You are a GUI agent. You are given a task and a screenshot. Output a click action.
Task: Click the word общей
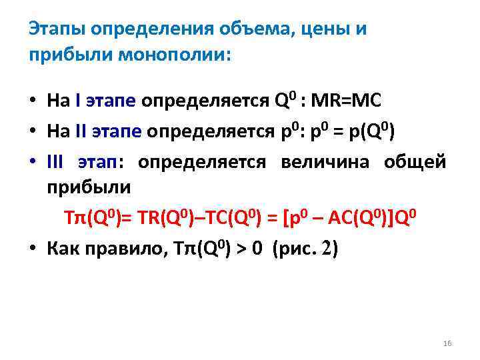415,162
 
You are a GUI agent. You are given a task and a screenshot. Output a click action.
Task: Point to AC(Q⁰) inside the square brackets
363,219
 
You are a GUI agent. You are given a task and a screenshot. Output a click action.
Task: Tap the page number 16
447,343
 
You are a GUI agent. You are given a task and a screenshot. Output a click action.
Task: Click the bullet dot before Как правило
32,249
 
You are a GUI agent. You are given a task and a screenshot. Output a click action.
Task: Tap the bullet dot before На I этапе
32,103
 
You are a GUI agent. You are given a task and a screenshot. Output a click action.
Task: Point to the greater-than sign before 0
241,249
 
